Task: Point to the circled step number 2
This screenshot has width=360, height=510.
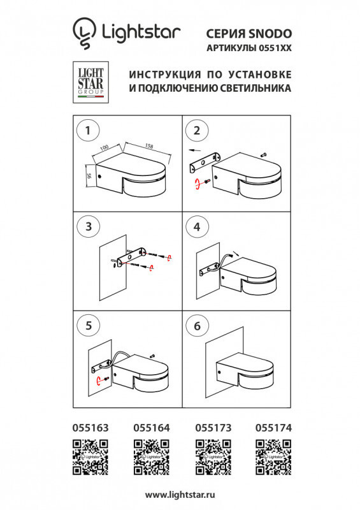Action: point(196,131)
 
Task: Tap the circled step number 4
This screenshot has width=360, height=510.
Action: point(196,226)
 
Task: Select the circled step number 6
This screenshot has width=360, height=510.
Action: point(196,325)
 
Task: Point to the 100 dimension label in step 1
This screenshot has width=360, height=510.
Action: point(105,147)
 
